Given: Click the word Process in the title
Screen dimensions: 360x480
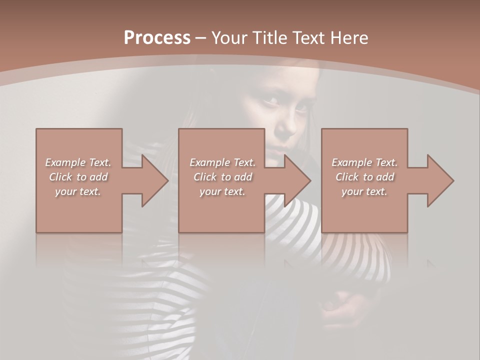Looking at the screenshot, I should pyautogui.click(x=157, y=37).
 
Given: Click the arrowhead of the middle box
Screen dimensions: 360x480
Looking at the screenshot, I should pyautogui.click(x=297, y=180).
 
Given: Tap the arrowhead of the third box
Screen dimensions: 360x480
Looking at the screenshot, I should pyautogui.click(x=440, y=180).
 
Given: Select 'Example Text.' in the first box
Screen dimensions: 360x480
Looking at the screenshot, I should pyautogui.click(x=78, y=162).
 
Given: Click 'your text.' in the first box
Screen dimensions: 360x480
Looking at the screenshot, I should pyautogui.click(x=78, y=191).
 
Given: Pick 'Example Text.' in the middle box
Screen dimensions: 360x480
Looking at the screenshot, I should pyautogui.click(x=222, y=162).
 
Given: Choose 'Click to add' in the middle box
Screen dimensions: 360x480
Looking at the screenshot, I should pyautogui.click(x=222, y=177).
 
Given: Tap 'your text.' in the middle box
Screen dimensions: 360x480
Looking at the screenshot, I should pyautogui.click(x=222, y=191).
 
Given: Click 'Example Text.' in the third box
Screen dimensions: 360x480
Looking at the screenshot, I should pyautogui.click(x=364, y=162).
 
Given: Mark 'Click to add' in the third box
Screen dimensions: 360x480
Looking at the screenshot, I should pyautogui.click(x=364, y=177).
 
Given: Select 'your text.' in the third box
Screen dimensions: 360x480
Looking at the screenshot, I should pyautogui.click(x=364, y=191).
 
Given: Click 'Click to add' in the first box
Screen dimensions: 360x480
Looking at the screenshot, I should pyautogui.click(x=78, y=177).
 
